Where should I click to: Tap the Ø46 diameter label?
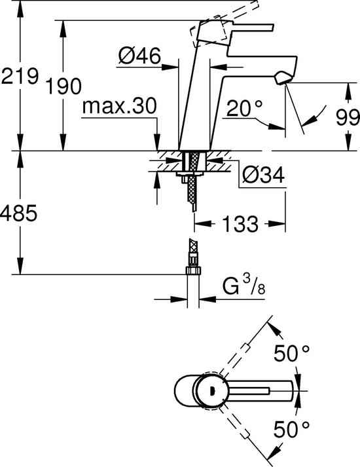point(139,58)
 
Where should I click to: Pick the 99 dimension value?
point(346,118)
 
